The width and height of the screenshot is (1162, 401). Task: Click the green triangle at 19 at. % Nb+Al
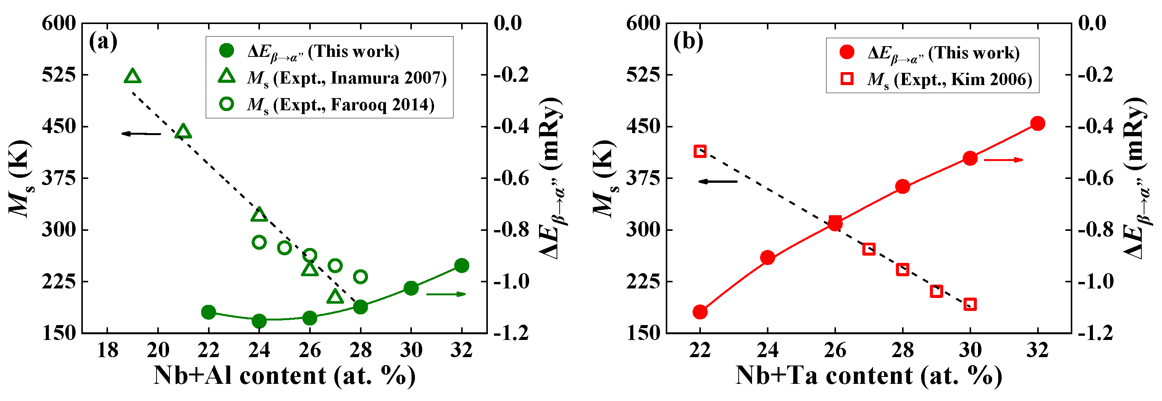(132, 77)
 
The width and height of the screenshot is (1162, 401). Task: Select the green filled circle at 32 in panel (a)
(462, 265)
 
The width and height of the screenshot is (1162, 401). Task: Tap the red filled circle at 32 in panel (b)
(1038, 124)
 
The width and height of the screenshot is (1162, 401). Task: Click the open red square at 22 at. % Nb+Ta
(700, 151)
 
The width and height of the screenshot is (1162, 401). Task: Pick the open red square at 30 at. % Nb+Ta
(970, 304)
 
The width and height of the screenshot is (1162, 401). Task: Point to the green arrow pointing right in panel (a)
(445, 294)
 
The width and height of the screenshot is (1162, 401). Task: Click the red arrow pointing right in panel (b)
(1003, 160)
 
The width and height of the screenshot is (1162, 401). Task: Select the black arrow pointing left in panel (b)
(718, 181)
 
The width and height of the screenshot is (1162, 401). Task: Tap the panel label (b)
(688, 42)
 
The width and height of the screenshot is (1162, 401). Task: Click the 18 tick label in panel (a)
(107, 350)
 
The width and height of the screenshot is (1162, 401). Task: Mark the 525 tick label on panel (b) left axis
(643, 75)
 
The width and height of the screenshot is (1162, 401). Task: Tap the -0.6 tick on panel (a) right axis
(511, 178)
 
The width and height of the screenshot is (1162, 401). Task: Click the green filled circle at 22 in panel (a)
(208, 312)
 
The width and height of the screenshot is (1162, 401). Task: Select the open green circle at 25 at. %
(284, 248)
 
